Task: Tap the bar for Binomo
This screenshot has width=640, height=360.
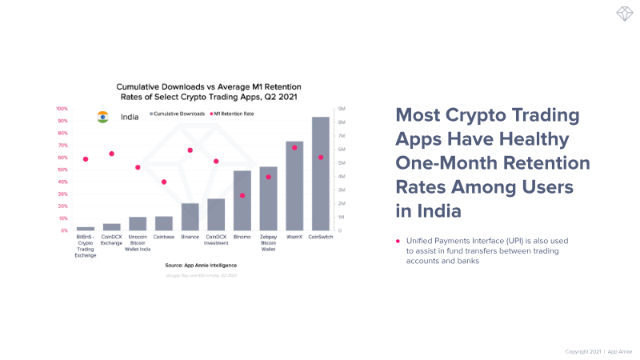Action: click(242, 201)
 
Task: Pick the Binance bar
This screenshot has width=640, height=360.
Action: click(190, 217)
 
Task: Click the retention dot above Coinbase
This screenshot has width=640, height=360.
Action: click(164, 182)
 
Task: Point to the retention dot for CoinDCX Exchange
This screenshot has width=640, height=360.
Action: click(112, 154)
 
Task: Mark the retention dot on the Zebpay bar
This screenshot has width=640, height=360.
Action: click(269, 177)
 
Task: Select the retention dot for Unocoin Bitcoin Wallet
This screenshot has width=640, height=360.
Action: click(138, 167)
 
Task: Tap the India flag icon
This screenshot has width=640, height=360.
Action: click(102, 116)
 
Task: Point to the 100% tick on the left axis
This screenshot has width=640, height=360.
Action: click(62, 108)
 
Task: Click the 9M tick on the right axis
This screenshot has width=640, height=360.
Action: click(342, 108)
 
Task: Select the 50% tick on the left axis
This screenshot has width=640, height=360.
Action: click(62, 170)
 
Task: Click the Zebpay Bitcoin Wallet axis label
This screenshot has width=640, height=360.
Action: click(269, 243)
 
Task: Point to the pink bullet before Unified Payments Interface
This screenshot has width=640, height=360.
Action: click(398, 241)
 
